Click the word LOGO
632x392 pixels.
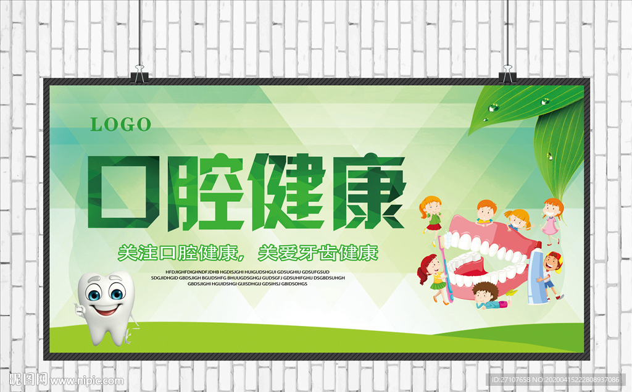[121, 124]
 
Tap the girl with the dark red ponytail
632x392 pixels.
[434, 277]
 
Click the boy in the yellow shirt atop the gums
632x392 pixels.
[485, 212]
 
